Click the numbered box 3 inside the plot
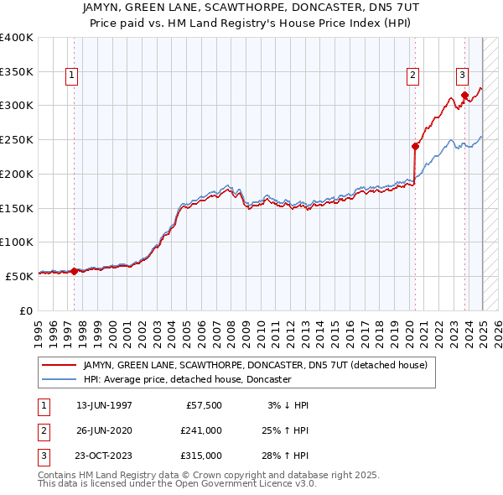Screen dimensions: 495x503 (x=462, y=74)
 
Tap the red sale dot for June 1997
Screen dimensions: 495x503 (x=74, y=271)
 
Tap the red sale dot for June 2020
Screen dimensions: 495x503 (x=415, y=145)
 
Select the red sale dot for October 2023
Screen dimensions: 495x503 (x=464, y=95)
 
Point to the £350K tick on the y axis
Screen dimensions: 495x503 (x=17, y=72)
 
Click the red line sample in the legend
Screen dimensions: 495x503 (x=60, y=365)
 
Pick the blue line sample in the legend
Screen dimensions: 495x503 (x=60, y=379)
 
